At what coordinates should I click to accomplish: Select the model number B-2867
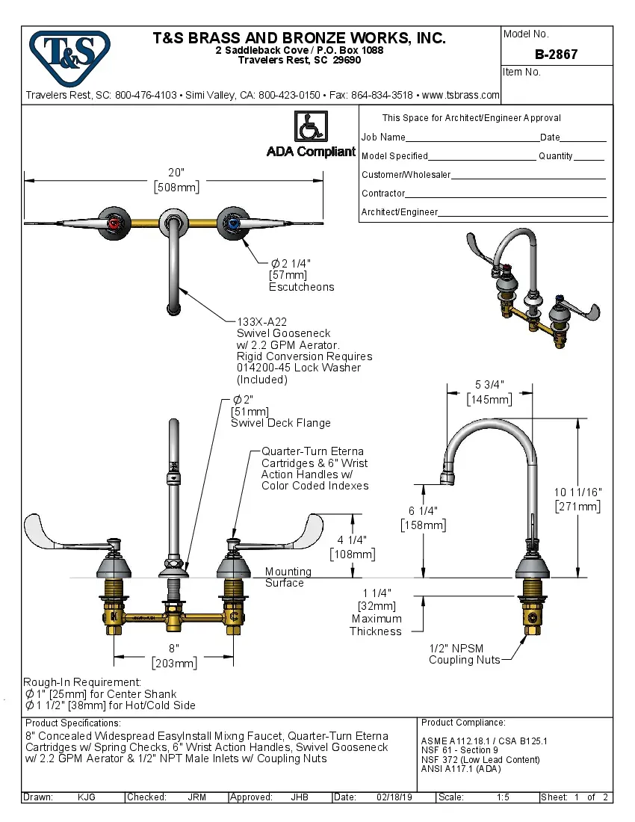(556, 55)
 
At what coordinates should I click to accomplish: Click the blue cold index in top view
(233, 223)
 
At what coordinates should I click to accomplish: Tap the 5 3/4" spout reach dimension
(489, 385)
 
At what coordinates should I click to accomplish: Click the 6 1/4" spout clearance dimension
(423, 510)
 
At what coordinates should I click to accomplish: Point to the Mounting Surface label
(288, 577)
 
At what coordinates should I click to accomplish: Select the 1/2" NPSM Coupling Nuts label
(464, 654)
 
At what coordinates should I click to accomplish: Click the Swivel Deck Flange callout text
(280, 423)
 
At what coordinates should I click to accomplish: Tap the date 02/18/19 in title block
(393, 797)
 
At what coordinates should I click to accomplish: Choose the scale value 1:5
(503, 797)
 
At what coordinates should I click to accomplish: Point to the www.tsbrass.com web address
(460, 96)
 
